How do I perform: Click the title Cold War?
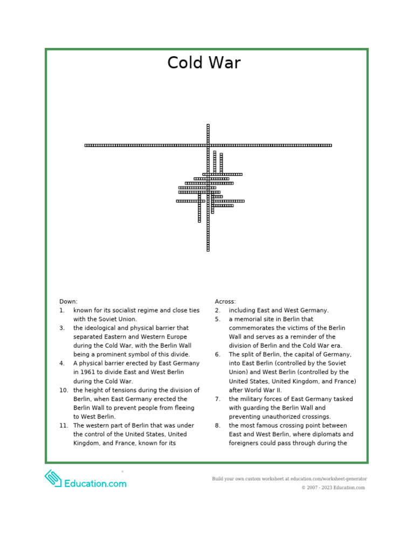(204, 63)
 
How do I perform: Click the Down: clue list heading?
(68, 301)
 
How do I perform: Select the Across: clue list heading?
(225, 301)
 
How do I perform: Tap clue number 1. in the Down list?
(62, 310)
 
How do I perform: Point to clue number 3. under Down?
(62, 328)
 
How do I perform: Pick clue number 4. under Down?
(62, 363)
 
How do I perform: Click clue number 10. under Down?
(64, 390)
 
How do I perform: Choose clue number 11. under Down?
(64, 425)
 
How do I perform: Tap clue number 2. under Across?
(217, 310)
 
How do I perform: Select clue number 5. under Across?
(217, 319)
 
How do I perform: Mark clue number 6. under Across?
(217, 354)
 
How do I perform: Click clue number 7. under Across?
(217, 399)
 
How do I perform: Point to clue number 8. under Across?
(217, 425)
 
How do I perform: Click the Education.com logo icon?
(53, 479)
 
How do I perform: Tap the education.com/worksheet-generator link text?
(329, 479)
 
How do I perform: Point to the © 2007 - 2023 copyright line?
(333, 488)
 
